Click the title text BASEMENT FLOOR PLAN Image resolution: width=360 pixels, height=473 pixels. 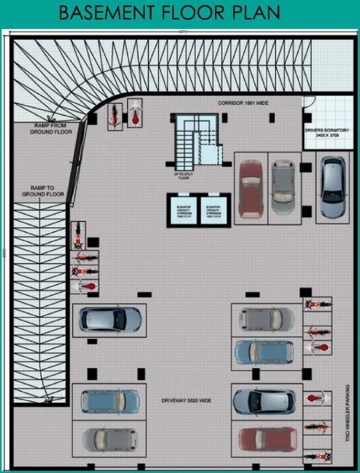pos(170,12)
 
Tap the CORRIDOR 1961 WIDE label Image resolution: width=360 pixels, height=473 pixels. pos(243,102)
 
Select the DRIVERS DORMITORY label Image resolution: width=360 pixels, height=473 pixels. pos(327,131)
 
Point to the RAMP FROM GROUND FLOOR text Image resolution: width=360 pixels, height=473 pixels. pos(51,128)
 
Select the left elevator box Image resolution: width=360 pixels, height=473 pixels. pos(183,209)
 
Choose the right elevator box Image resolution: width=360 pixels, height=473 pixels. pos(213,209)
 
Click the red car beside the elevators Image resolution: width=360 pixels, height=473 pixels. pos(250,188)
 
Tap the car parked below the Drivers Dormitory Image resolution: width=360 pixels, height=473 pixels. pos(332,187)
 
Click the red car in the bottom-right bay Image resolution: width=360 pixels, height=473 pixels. pos(265,440)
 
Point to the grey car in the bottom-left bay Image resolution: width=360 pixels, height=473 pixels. pos(110,440)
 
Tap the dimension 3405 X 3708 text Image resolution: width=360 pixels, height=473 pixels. pos(327,137)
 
